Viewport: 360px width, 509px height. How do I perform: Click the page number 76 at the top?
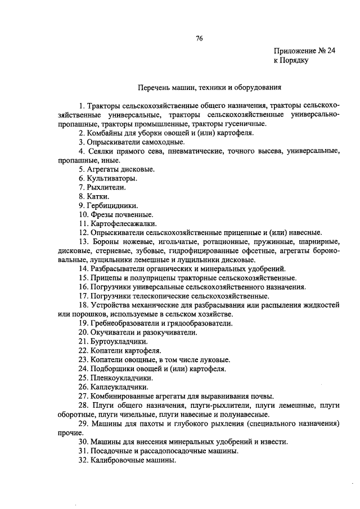coord(199,38)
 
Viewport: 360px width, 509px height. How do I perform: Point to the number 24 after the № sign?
coord(331,51)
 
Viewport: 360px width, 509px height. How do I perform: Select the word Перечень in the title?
coord(154,87)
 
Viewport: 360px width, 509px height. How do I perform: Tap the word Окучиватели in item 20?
coord(112,332)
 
